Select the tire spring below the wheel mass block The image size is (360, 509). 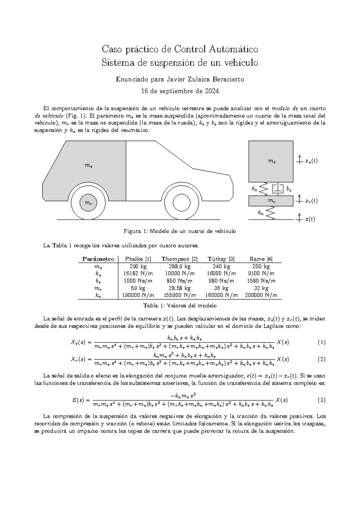click(x=270, y=213)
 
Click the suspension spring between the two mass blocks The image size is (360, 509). click(x=263, y=189)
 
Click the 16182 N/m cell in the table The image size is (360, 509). click(x=138, y=273)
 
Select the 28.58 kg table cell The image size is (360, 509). click(x=179, y=288)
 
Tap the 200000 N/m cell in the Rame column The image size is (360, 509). click(x=261, y=295)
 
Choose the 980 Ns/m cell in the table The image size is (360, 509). click(x=221, y=281)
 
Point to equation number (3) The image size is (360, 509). click(x=321, y=400)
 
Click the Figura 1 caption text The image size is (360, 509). click(x=180, y=231)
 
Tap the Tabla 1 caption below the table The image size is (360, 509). click(x=180, y=306)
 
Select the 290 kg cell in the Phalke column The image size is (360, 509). click(x=138, y=266)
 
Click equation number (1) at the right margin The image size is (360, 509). click(x=321, y=342)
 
